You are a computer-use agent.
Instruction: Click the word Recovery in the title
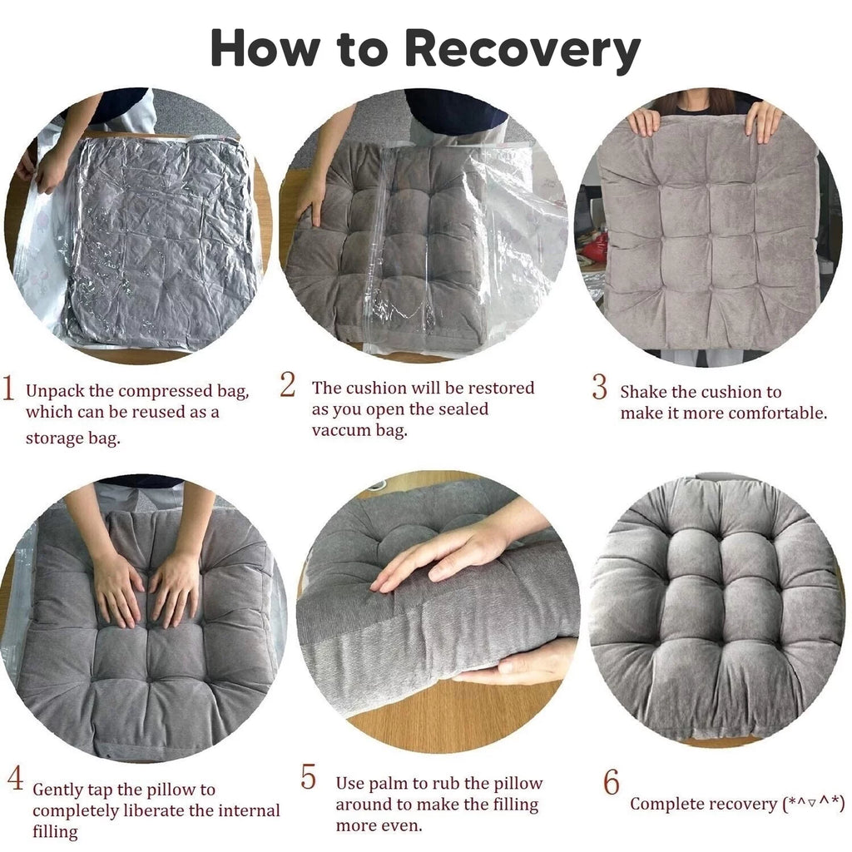[523, 50]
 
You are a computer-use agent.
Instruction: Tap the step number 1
[8, 388]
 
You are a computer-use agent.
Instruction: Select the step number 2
[288, 384]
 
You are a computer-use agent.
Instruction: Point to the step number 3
[599, 387]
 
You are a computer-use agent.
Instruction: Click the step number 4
[15, 777]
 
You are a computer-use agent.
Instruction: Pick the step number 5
[308, 776]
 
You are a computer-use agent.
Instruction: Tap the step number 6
[612, 782]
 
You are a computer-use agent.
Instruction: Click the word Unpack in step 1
[55, 392]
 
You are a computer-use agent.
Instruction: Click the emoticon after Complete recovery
[814, 803]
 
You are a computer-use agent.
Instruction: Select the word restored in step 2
[501, 388]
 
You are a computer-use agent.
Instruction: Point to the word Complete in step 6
[662, 804]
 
